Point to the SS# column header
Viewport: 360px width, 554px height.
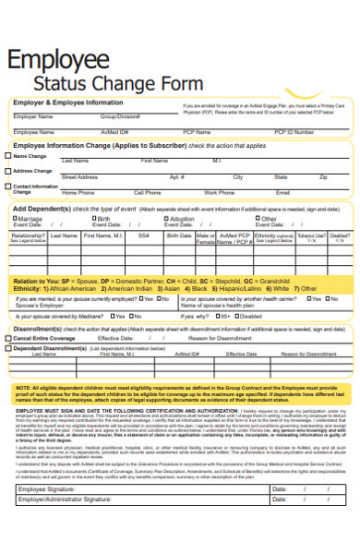(x=144, y=235)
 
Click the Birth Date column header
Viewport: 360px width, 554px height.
(x=178, y=235)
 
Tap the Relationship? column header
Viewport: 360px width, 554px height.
(x=29, y=235)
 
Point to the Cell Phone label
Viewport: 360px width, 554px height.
(x=147, y=192)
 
